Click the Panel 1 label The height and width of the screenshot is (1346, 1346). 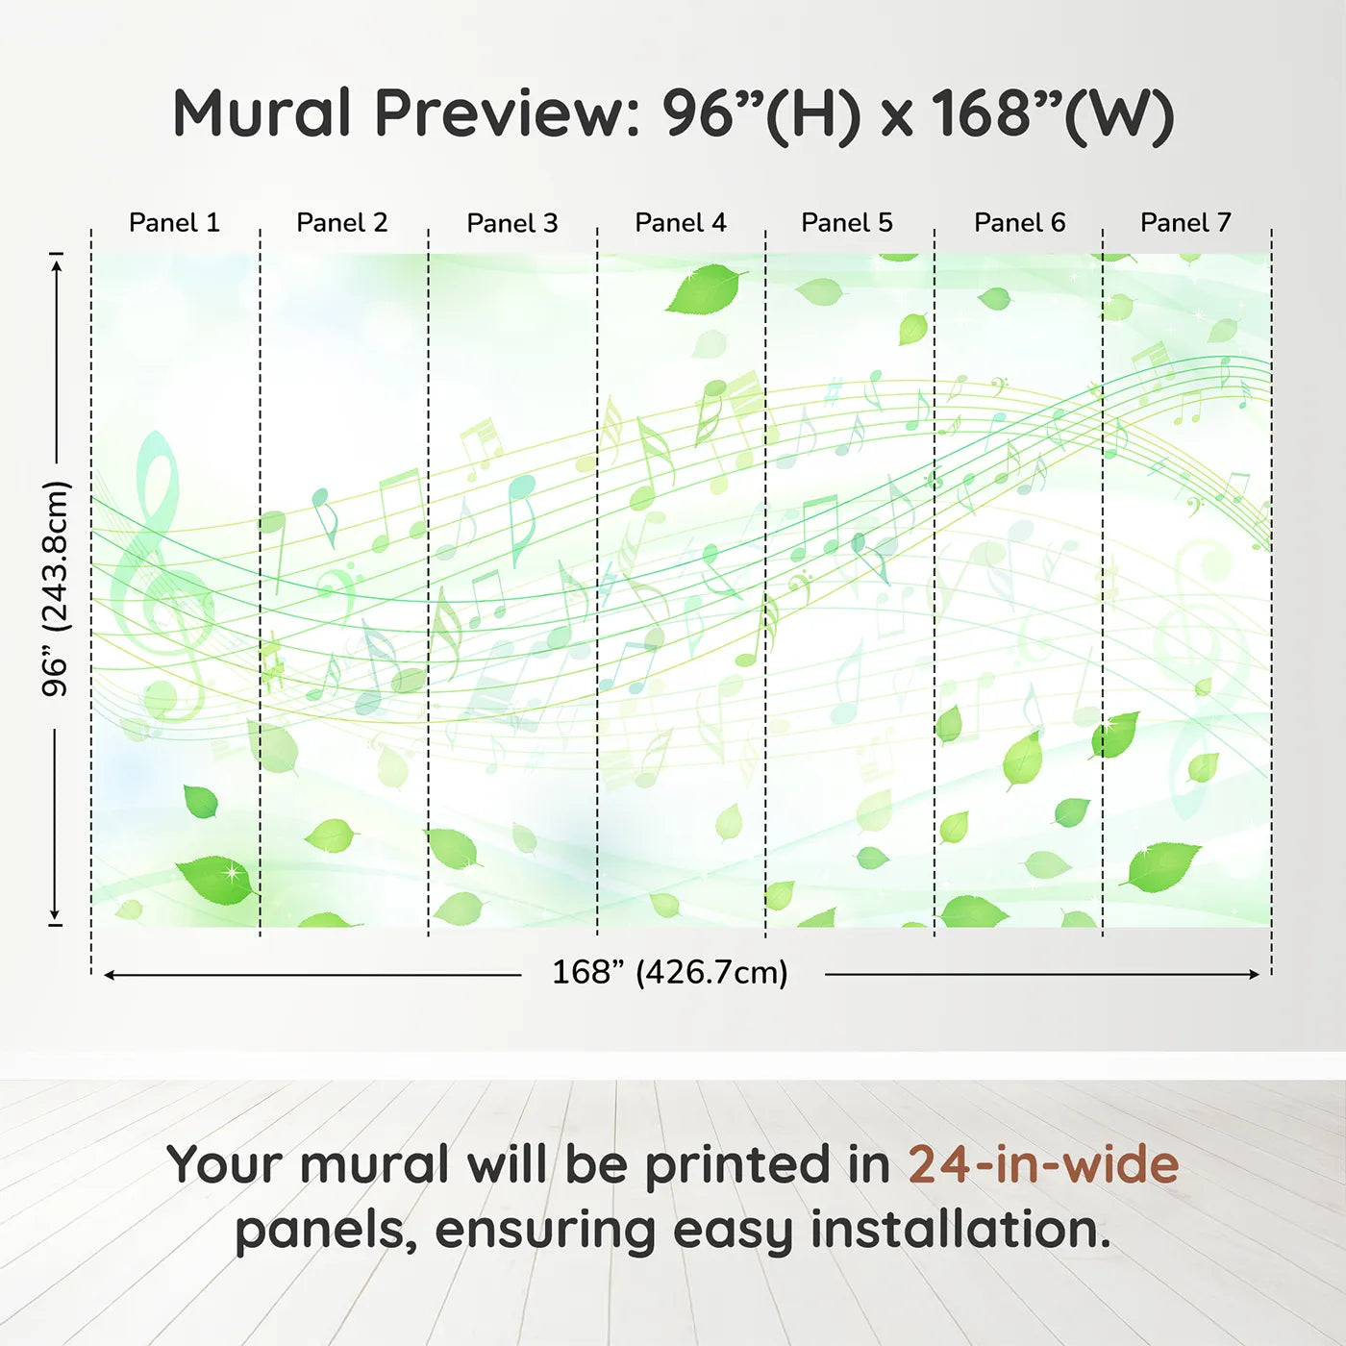tap(174, 223)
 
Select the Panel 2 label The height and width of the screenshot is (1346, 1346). tap(341, 223)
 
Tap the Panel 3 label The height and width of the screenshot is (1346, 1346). tap(511, 223)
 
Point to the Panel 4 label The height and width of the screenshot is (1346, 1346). tap(680, 223)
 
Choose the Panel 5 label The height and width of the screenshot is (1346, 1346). tap(846, 223)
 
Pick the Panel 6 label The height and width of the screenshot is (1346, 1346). tap(1019, 223)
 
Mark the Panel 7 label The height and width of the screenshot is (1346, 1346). tap(1184, 223)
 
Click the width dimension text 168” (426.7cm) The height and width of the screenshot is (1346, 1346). tap(669, 973)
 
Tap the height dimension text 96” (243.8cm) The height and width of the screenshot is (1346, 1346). tap(56, 588)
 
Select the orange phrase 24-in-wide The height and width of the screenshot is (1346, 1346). tap(1042, 1165)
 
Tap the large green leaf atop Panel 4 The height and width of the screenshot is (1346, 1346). tap(706, 289)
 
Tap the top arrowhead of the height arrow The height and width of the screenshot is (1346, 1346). tap(57, 264)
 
